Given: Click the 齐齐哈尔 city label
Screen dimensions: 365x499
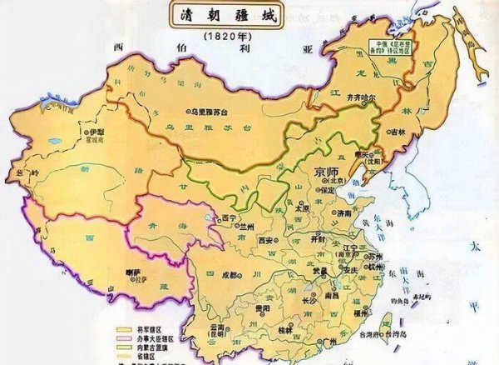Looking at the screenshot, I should tap(362, 98).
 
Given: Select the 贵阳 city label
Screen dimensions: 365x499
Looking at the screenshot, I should tap(242, 308).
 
